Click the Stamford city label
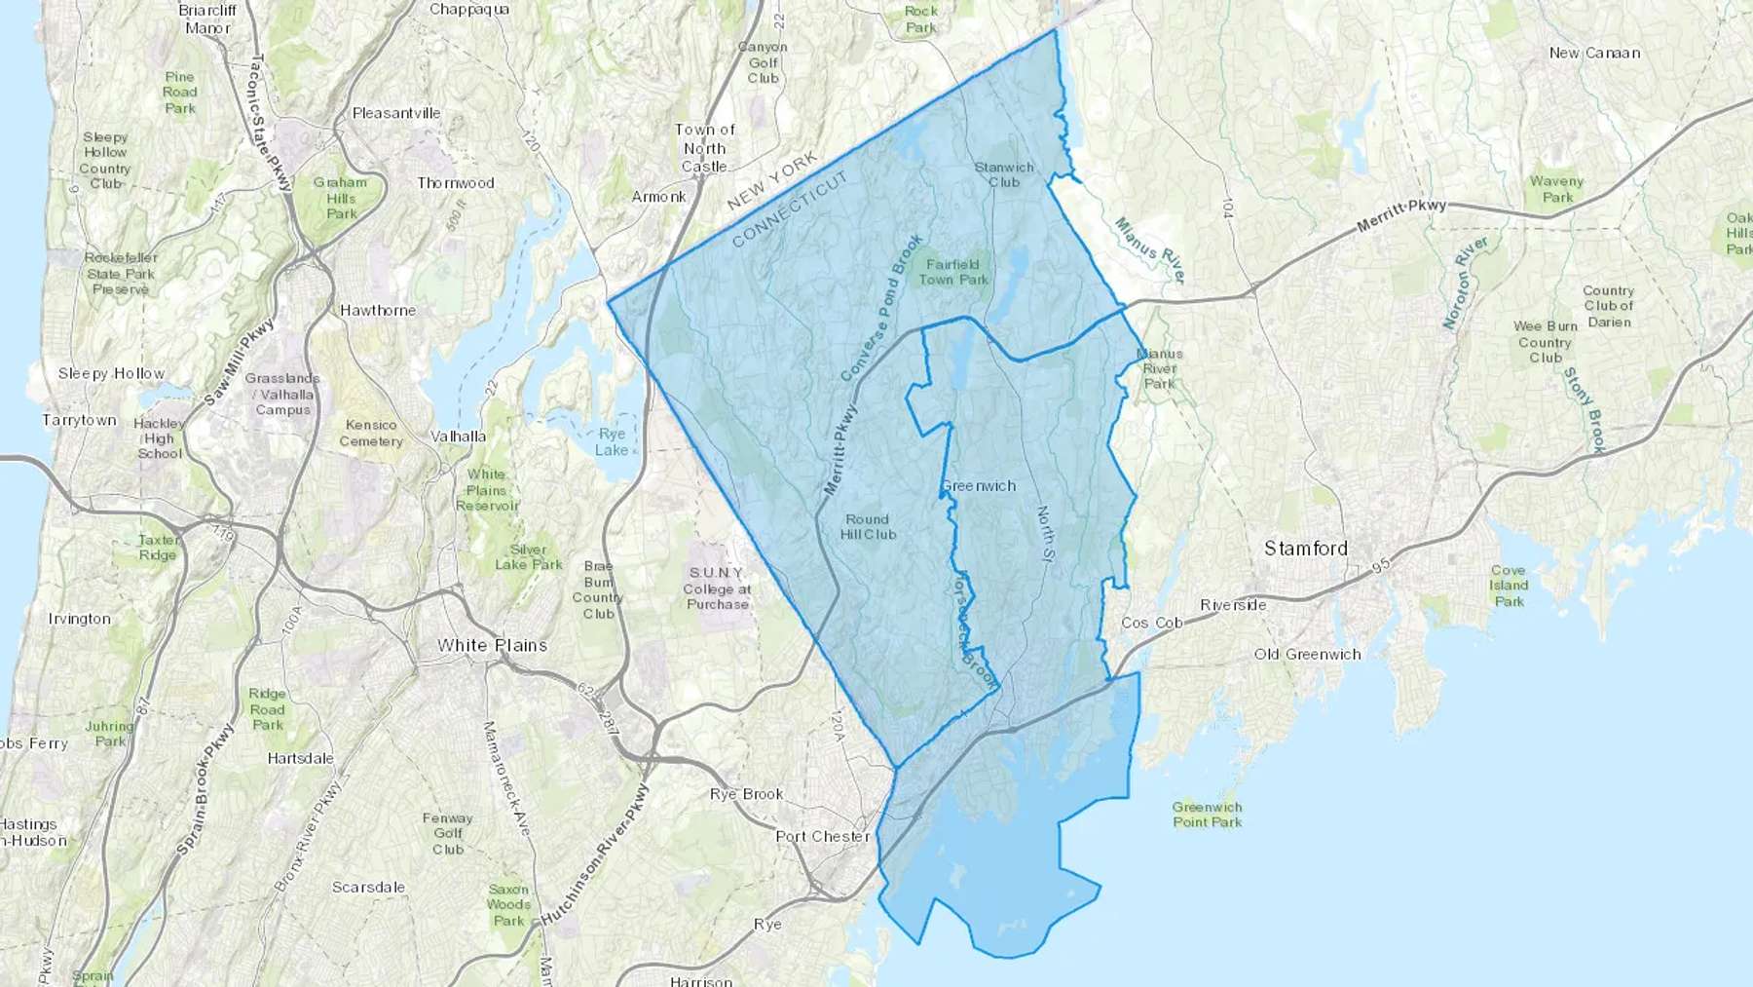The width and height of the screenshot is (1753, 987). [x=1305, y=549]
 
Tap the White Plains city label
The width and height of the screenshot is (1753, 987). [x=492, y=645]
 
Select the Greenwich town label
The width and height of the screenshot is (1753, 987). [x=978, y=485]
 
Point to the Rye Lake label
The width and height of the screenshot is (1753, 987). [x=612, y=441]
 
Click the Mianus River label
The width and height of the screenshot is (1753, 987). [x=1150, y=250]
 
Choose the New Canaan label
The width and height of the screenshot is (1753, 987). [x=1594, y=53]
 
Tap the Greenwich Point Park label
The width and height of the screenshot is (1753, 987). [x=1207, y=815]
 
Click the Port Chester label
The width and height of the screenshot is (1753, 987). [x=822, y=836]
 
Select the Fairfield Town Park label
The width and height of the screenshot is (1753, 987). [x=952, y=272]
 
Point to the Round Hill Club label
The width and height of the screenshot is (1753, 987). [x=868, y=527]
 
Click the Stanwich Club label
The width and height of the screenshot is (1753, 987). [x=1004, y=174]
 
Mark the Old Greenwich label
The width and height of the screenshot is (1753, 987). [x=1307, y=654]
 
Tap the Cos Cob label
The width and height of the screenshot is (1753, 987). [x=1151, y=622]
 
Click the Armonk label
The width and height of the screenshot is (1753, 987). [x=658, y=196]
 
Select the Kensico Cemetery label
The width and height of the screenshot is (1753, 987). [x=370, y=433]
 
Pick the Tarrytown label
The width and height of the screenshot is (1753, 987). [x=79, y=420]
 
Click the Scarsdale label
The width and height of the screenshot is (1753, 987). [x=368, y=887]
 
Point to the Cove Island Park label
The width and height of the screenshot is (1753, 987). [x=1508, y=586]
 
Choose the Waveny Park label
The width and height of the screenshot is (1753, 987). [x=1556, y=189]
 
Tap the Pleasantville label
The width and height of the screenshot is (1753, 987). [x=396, y=113]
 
